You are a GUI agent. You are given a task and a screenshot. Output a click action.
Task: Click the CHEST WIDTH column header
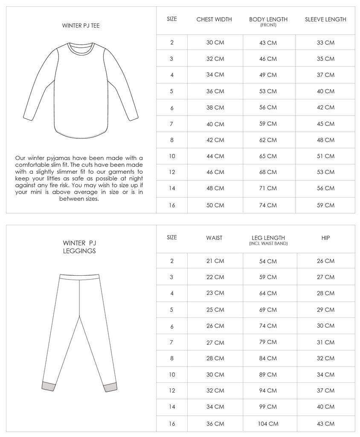(214, 19)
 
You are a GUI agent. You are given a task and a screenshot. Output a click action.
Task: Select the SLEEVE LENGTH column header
(325, 19)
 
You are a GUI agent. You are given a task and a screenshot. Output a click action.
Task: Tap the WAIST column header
(214, 238)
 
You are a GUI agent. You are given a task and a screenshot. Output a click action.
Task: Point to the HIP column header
(325, 238)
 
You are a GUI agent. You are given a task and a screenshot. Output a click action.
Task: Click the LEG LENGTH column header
(268, 238)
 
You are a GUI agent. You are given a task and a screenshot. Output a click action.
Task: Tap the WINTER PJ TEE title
(81, 26)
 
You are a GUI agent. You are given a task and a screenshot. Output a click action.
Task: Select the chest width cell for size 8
(214, 140)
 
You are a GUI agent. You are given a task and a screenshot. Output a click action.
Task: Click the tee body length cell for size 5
(268, 91)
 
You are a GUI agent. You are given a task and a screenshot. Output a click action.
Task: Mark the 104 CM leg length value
(268, 424)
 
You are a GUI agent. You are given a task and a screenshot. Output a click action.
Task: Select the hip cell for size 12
(325, 390)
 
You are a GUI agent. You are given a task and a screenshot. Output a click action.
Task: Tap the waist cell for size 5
(214, 309)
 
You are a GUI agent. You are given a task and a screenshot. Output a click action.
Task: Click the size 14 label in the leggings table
(171, 407)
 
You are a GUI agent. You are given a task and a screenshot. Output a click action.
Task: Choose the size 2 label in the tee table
(171, 43)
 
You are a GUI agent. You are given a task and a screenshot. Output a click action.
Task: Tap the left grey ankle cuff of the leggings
(47, 386)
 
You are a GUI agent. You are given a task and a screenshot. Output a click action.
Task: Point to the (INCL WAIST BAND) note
(268, 244)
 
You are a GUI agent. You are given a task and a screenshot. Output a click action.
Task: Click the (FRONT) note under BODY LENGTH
(268, 25)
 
